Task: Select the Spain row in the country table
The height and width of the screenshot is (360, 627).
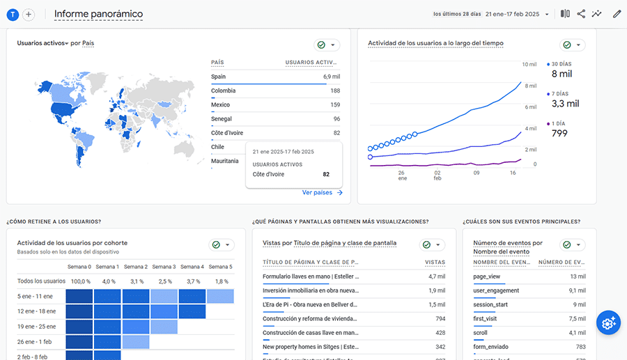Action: click(219, 77)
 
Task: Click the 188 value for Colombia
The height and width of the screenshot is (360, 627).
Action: click(335, 91)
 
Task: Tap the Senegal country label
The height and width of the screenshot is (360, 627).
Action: click(222, 119)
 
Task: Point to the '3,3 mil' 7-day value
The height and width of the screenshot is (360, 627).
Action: click(565, 104)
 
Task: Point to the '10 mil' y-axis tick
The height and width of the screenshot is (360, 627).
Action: click(529, 64)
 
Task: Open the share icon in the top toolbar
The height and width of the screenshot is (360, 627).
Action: click(581, 14)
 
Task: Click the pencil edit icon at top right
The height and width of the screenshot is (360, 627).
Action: click(617, 14)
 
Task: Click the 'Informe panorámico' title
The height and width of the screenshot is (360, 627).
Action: click(98, 14)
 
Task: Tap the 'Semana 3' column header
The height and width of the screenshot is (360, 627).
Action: click(164, 267)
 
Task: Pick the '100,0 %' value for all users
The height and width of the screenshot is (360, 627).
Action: click(80, 281)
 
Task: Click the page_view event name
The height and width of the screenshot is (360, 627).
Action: click(487, 276)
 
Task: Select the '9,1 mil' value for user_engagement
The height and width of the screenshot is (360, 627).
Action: click(576, 290)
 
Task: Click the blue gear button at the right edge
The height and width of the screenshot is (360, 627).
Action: click(608, 322)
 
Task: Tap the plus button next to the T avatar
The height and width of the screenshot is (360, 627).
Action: click(29, 15)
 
